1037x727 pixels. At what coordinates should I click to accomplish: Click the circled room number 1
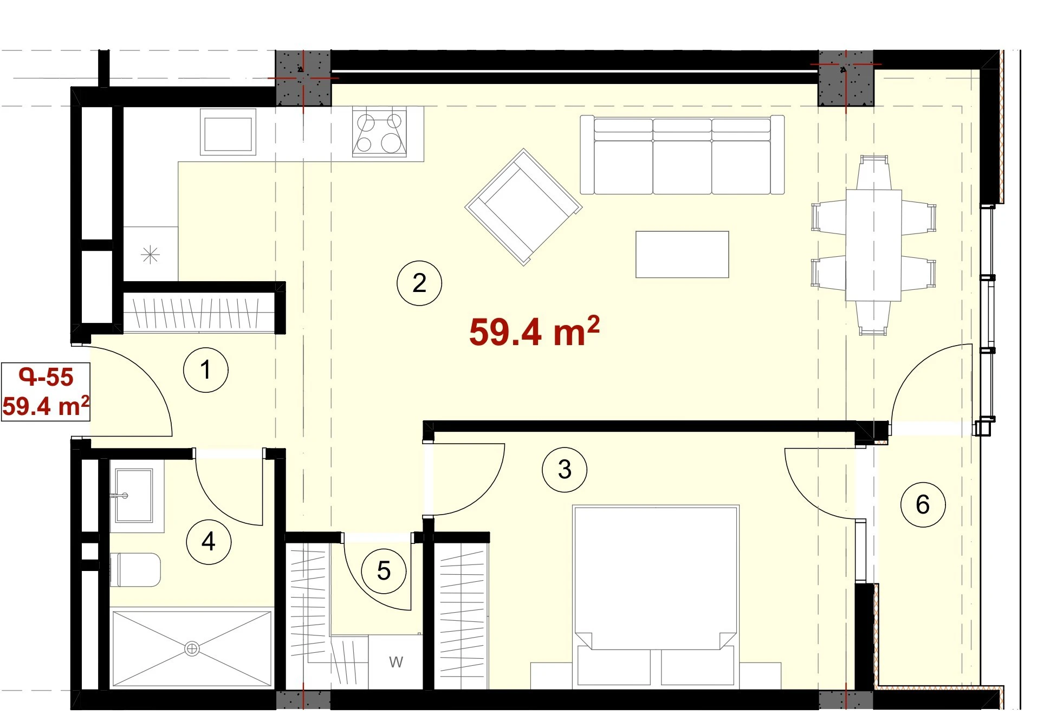coord(205,370)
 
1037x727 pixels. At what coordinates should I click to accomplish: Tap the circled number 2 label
coord(419,283)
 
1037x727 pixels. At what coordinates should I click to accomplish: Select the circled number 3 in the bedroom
coord(565,469)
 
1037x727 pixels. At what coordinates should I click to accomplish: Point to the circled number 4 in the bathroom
coord(209,542)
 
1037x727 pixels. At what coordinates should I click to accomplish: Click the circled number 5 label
coord(384,570)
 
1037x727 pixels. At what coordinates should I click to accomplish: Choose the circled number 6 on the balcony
coord(923,505)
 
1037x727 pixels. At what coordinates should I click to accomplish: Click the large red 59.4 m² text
coord(534,332)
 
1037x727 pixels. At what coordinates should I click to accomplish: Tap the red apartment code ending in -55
coord(46,377)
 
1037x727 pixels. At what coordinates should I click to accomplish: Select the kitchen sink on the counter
coord(228,132)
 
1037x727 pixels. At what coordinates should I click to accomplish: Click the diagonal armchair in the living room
coord(523,207)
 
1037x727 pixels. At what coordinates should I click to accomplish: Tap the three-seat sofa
coord(682,155)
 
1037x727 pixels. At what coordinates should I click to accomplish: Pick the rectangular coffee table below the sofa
coord(682,255)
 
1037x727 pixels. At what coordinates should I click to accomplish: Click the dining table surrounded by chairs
coord(873,245)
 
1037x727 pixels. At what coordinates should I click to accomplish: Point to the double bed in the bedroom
coord(656,596)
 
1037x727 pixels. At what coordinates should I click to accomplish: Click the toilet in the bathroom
coord(135,570)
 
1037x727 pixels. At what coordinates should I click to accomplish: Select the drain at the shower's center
coord(192,648)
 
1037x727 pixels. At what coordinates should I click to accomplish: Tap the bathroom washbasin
coord(134,496)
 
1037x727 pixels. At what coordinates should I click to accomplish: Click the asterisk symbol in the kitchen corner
coord(150,255)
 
